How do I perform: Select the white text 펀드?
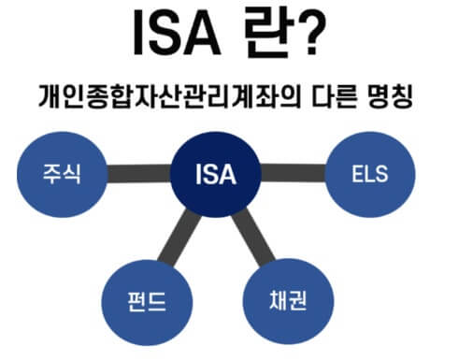tap(142, 300)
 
